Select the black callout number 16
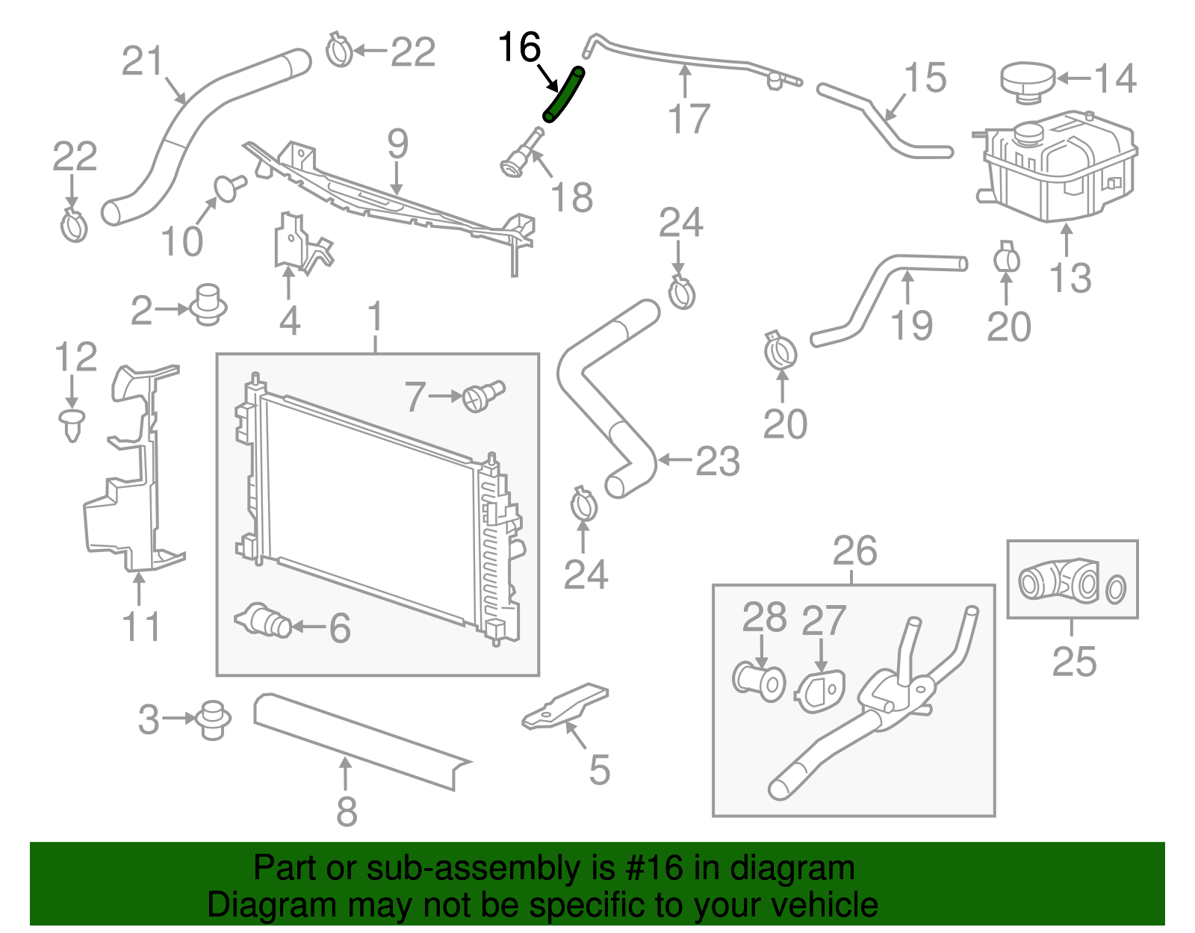point(520,47)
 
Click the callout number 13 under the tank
point(1070,278)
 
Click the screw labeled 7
point(482,395)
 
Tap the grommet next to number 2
point(208,305)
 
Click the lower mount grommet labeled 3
point(212,720)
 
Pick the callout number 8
point(347,811)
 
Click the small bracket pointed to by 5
point(564,707)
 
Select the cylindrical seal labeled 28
point(759,682)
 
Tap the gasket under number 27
point(819,691)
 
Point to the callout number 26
point(854,551)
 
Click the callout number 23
point(717,461)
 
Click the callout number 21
point(143,61)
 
